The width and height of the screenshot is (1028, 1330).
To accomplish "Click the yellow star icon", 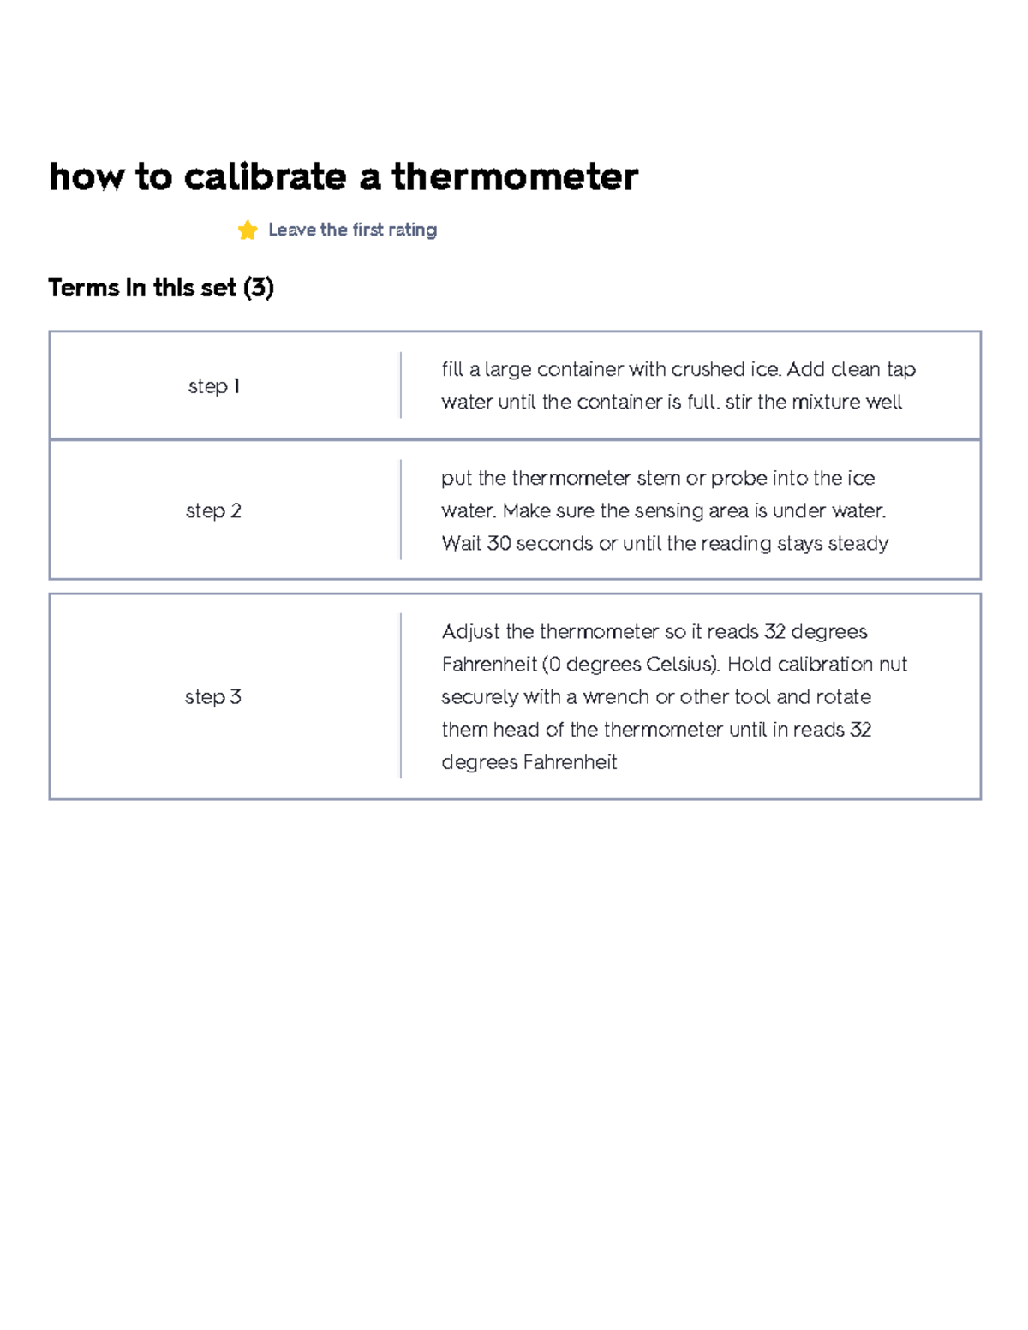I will (x=248, y=230).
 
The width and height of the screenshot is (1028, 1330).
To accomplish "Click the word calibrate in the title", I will (x=265, y=177).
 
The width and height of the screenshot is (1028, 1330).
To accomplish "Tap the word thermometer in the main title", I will (x=515, y=177).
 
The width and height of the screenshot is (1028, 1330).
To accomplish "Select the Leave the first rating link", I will (x=352, y=230).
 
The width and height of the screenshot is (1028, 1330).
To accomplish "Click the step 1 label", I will (x=213, y=386).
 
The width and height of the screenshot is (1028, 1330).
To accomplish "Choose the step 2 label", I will (x=213, y=511).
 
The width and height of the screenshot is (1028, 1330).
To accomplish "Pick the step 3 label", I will (x=213, y=697).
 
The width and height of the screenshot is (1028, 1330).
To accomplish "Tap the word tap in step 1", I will (x=901, y=369).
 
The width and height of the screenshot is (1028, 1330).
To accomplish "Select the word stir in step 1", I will (x=738, y=402).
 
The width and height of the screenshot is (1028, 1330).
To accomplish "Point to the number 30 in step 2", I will (x=499, y=543).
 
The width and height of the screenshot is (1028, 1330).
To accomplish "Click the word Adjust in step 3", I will (x=470, y=632).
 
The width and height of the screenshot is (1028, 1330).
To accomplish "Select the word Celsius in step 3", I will (x=680, y=665).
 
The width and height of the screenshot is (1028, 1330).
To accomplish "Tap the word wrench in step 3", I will (x=616, y=697).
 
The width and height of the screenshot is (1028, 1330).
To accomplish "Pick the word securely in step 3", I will (x=479, y=697).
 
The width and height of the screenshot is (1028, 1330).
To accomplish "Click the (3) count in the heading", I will (x=259, y=288).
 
